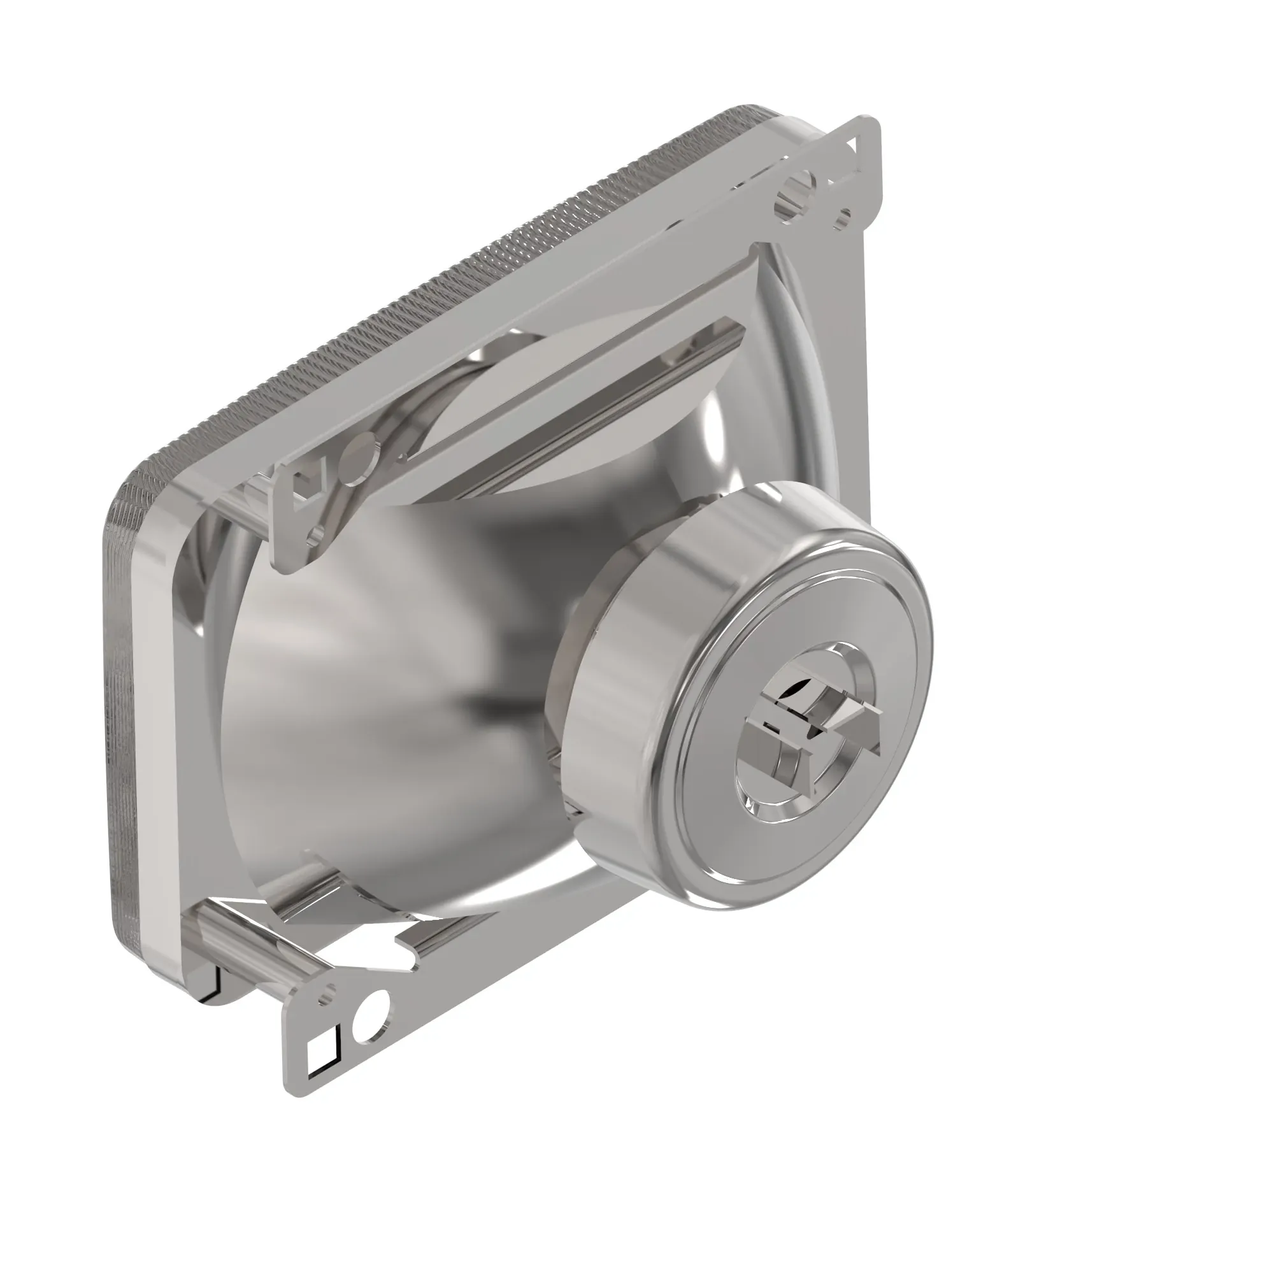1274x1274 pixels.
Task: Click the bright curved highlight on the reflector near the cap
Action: pyautogui.click(x=715, y=422)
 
